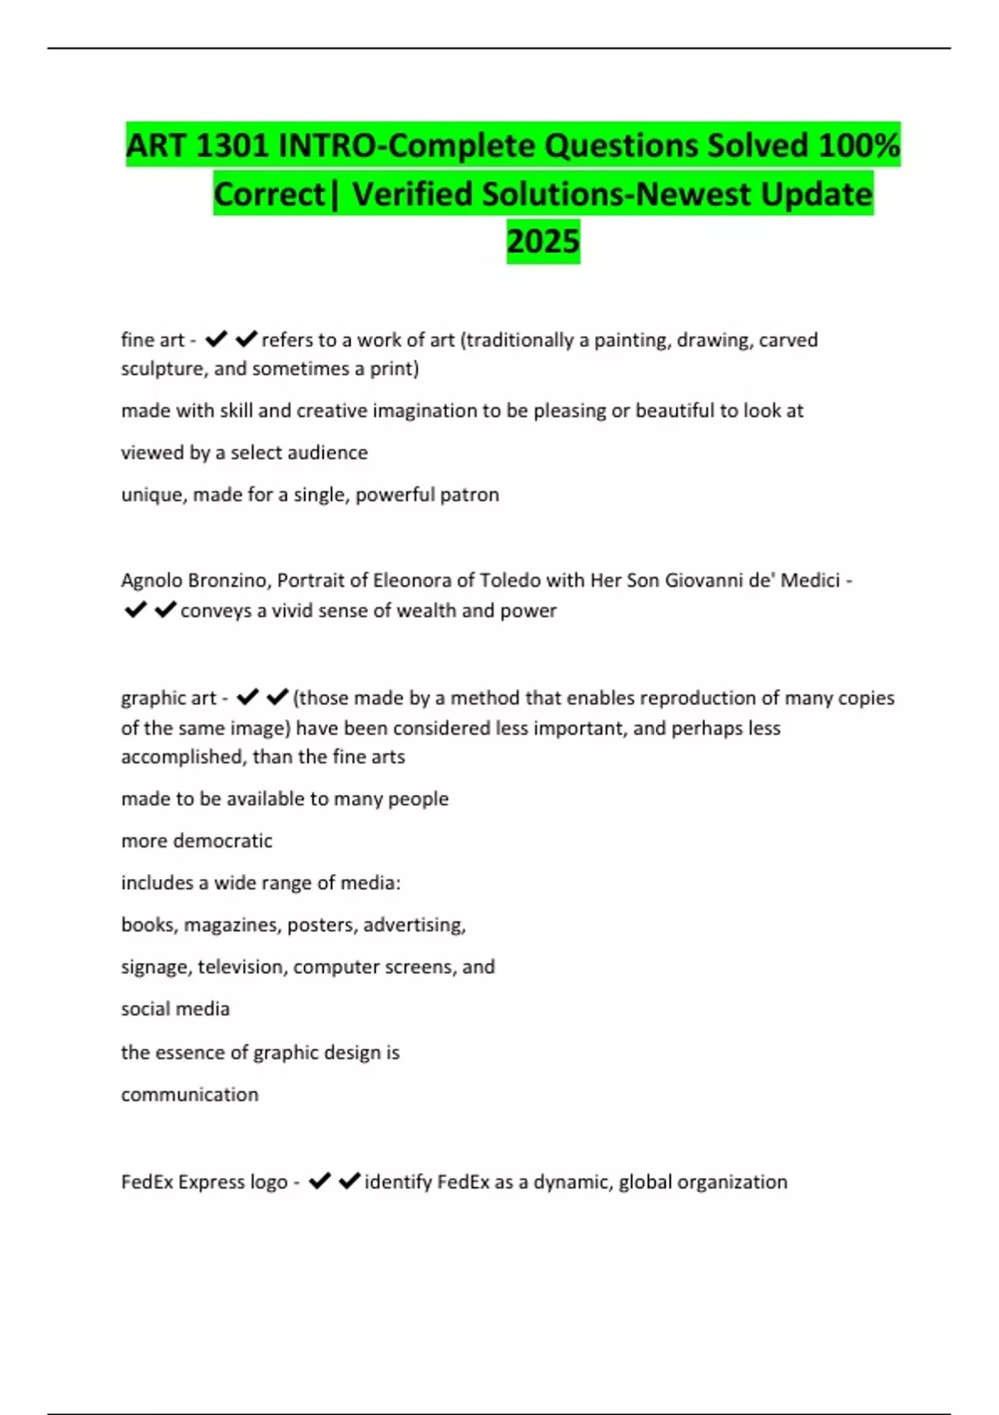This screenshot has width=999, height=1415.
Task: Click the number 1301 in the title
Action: [x=231, y=146]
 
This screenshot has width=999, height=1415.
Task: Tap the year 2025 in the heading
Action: [x=543, y=241]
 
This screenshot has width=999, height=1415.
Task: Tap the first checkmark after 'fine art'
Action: [x=216, y=339]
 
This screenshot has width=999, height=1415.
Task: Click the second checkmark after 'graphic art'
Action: [x=277, y=697]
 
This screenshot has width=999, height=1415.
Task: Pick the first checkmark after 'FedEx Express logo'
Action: [x=320, y=1181]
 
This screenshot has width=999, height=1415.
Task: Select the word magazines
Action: [x=232, y=925]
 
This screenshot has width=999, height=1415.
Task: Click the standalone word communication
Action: [x=190, y=1095]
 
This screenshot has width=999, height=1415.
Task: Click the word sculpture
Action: [x=162, y=369]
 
